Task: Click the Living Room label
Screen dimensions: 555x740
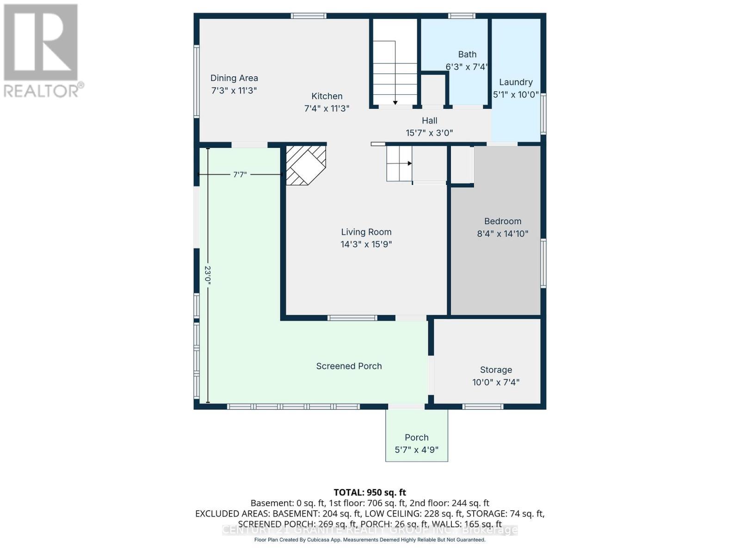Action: coord(366,232)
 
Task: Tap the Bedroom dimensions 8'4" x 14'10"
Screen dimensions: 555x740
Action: coord(502,234)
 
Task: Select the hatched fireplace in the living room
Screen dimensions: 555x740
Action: coord(305,165)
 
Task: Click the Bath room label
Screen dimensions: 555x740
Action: coord(467,55)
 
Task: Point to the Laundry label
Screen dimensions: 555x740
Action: coord(516,82)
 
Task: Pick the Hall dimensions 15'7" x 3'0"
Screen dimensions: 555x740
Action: coord(429,133)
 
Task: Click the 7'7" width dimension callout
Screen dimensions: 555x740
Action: coord(240,175)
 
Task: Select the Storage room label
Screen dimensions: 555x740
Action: coord(496,370)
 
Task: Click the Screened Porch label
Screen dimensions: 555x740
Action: coord(349,366)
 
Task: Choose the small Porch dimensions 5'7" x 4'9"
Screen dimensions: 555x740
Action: coord(416,450)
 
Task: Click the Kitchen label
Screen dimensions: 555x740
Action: coord(327,96)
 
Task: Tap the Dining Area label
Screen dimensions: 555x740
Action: coord(234,78)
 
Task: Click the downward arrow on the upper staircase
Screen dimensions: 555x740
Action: coord(395,102)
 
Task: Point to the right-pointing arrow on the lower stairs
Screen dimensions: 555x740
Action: coord(409,163)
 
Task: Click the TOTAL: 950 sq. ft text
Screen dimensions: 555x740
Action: coord(370,492)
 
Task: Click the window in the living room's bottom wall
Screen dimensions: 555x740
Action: coord(352,318)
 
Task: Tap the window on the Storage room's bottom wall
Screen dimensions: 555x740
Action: coord(483,407)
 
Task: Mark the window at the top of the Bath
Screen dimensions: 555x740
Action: coord(462,16)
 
